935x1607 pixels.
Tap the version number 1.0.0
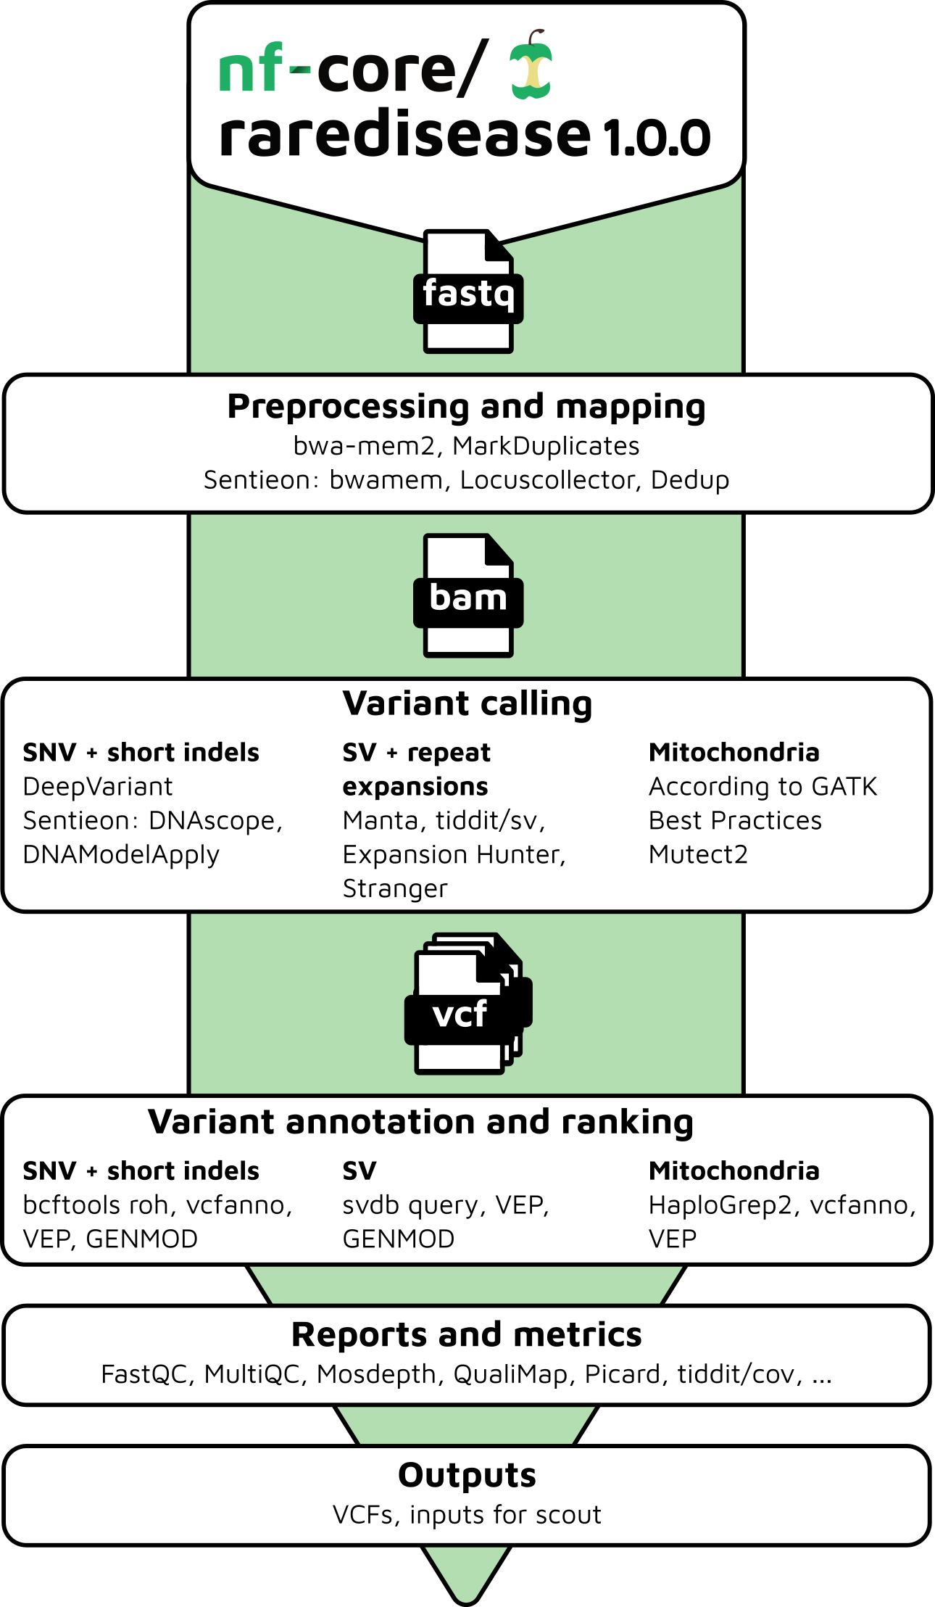click(x=657, y=137)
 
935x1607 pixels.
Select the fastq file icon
click(x=468, y=292)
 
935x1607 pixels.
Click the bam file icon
click(x=468, y=596)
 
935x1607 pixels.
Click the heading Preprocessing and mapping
click(x=466, y=406)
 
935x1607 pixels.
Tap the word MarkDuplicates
click(x=546, y=446)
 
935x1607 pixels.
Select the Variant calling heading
click(x=467, y=703)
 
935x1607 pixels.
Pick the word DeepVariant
click(x=98, y=787)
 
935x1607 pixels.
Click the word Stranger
click(x=395, y=889)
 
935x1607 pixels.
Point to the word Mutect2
click(x=698, y=855)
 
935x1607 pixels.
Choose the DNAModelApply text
click(x=121, y=855)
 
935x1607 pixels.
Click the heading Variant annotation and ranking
click(x=420, y=1122)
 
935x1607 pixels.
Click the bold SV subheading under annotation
click(x=359, y=1171)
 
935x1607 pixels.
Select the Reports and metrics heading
click(x=466, y=1335)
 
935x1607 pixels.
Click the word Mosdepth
click(x=376, y=1374)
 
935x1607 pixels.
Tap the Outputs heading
click(x=467, y=1475)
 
